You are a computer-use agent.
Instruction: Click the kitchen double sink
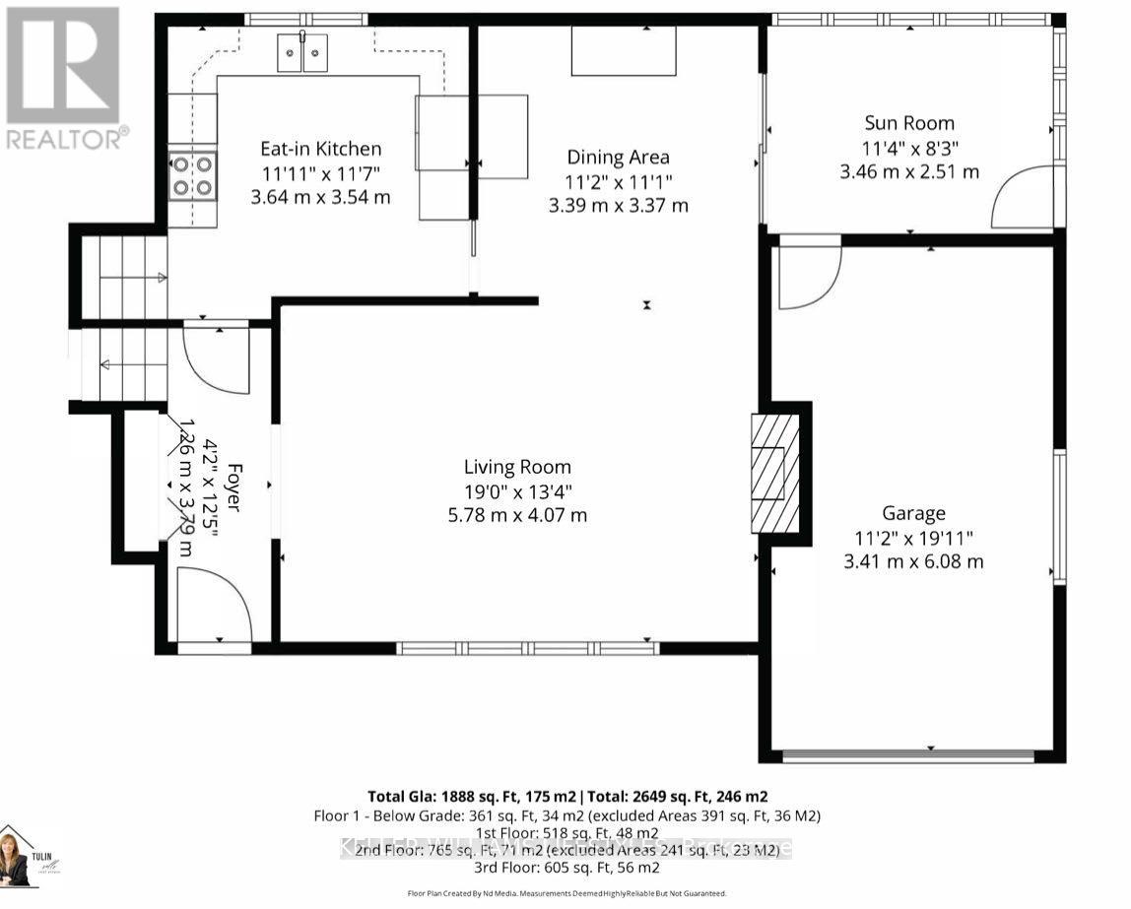[x=302, y=52]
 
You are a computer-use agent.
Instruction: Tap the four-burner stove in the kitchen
[x=192, y=174]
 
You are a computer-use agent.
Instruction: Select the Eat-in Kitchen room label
[x=320, y=149]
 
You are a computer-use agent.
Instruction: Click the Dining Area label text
[x=618, y=157]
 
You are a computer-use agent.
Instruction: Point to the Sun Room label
[x=908, y=123]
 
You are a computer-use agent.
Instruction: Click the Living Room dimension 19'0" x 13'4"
[x=517, y=490]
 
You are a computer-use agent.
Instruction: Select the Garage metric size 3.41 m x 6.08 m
[x=912, y=561]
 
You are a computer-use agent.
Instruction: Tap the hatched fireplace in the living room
[x=775, y=473]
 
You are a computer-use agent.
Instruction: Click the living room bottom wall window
[x=528, y=647]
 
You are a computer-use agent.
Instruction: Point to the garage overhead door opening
[x=908, y=755]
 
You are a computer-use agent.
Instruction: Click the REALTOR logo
[x=65, y=78]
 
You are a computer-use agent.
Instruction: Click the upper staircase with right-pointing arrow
[x=123, y=278]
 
